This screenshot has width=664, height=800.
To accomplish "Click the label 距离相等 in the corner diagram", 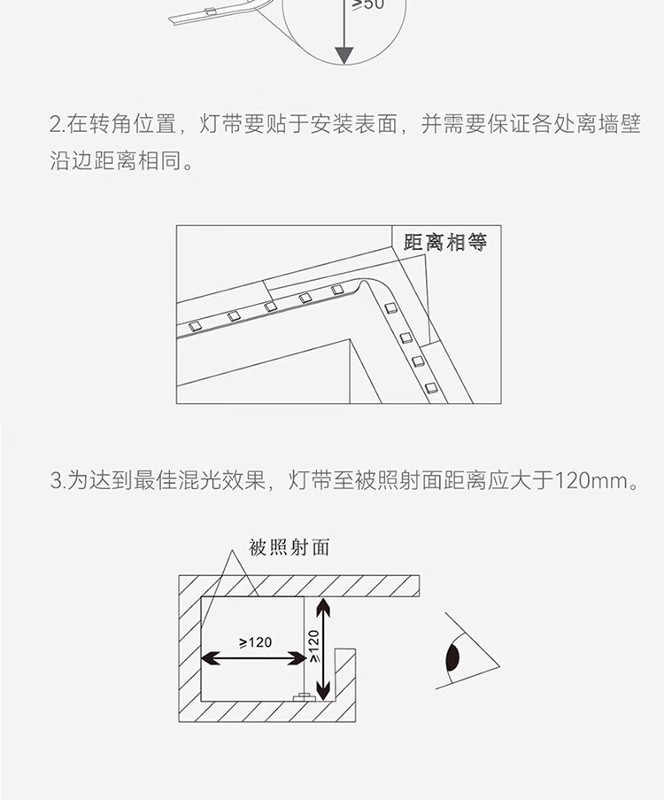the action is pyautogui.click(x=445, y=243).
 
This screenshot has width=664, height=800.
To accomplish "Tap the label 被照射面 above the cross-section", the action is pyautogui.click(x=290, y=548).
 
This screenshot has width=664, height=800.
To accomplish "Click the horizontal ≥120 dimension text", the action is pyautogui.click(x=256, y=642).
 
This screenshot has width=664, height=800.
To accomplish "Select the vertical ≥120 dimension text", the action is pyautogui.click(x=314, y=647).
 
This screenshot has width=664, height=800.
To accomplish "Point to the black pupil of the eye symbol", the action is pyautogui.click(x=453, y=657).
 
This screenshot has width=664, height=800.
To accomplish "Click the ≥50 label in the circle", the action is pyautogui.click(x=368, y=4).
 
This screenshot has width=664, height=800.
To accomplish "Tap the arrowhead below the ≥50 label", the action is pyautogui.click(x=344, y=56).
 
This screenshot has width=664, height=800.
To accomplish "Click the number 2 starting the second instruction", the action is pyautogui.click(x=56, y=125).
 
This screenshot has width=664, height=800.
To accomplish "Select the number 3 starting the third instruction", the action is pyautogui.click(x=56, y=480).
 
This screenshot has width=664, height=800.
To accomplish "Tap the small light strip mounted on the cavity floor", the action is pyautogui.click(x=304, y=696).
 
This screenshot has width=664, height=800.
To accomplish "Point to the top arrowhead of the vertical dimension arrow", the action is pyautogui.click(x=323, y=607).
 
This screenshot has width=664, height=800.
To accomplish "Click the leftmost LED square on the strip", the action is pyautogui.click(x=194, y=325).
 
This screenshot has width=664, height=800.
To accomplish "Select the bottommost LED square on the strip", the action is pyautogui.click(x=431, y=388).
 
